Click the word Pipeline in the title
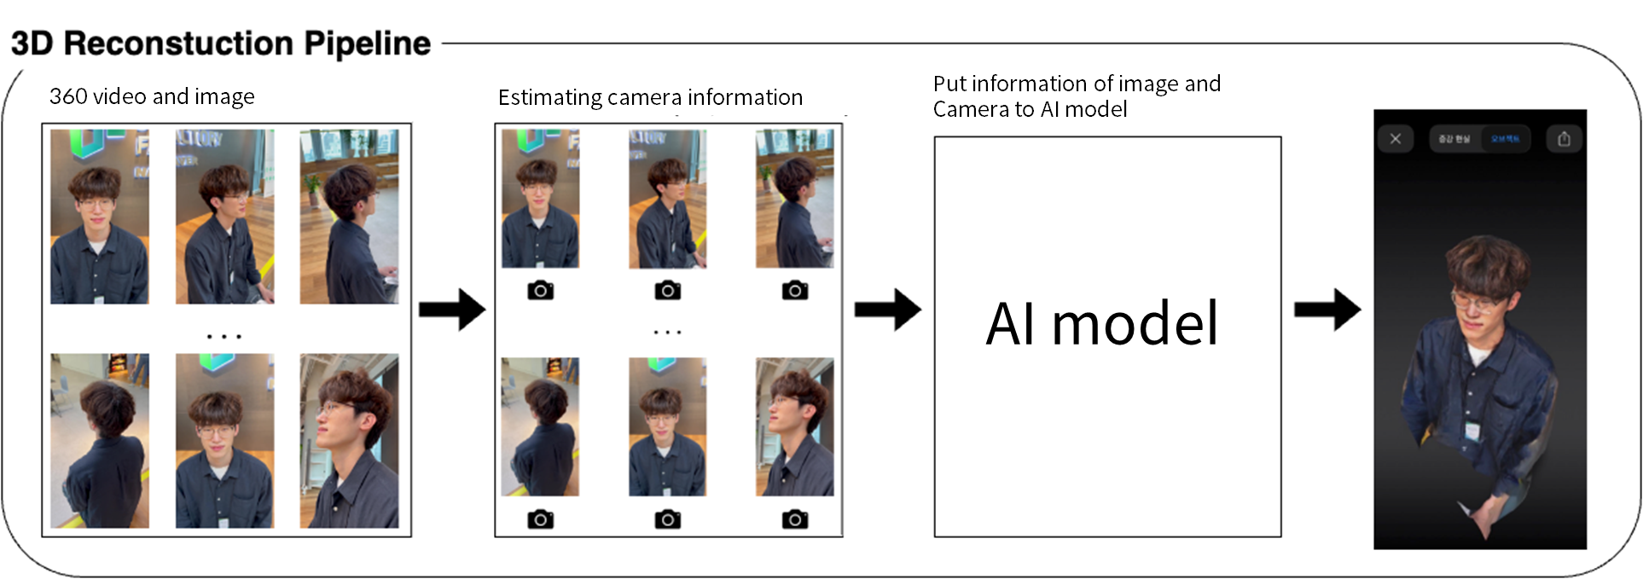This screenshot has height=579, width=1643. point(367,43)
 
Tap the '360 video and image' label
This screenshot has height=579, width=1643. point(152,96)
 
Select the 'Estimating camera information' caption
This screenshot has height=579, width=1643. point(650,97)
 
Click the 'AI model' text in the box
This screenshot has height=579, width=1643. point(1102,324)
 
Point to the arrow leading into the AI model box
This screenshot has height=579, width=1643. point(887,309)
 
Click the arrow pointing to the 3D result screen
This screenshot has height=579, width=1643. point(1327,309)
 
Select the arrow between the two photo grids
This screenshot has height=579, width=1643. point(451,309)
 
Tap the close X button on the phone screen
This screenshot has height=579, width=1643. point(1396,138)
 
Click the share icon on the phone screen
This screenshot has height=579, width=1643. point(1564,138)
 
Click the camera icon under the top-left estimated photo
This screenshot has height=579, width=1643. point(540,291)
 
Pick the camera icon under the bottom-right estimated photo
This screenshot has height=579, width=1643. point(794,519)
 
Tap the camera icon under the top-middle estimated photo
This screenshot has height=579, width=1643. point(667,291)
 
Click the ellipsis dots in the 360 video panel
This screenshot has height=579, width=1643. point(224,337)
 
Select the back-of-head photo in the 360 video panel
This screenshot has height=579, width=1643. point(99,441)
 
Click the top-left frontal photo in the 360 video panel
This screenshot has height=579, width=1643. point(99,217)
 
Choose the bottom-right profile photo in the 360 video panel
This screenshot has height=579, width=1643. point(349,441)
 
